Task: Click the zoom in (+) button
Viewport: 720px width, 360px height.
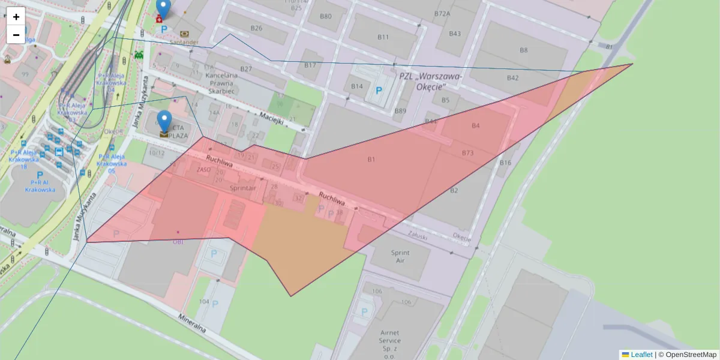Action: pos(16,17)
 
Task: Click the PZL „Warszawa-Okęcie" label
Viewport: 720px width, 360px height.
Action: pos(430,81)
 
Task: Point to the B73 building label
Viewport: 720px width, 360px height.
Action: pos(467,153)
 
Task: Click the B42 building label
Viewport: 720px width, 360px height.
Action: pos(512,78)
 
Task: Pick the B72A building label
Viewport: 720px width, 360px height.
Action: pos(442,13)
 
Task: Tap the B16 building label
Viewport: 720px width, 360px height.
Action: pos(505,163)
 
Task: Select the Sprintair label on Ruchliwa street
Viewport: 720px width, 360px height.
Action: pos(242,188)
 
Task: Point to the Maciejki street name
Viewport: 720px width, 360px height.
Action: pos(271,118)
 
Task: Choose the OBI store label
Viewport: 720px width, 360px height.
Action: pos(178,242)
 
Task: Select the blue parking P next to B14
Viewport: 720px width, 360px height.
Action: pos(379,91)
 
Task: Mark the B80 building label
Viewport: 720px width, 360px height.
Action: pos(325,16)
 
